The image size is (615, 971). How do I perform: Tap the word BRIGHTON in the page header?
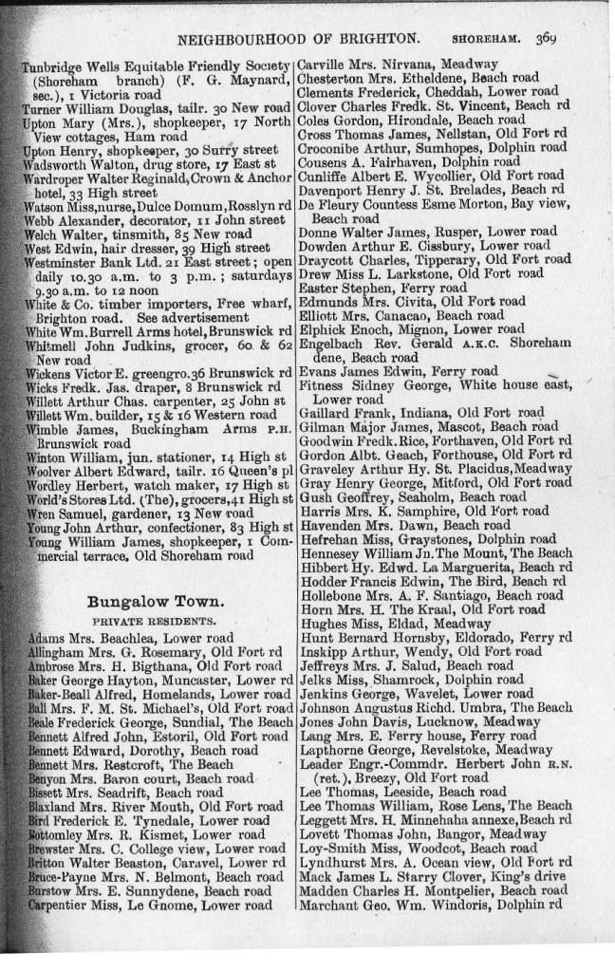380,38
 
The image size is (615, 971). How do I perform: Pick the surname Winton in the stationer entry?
45,458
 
